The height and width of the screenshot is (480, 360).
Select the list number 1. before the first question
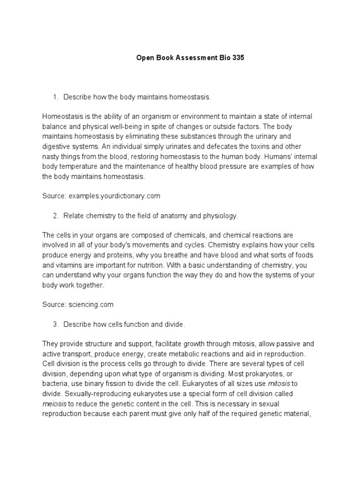tap(55, 97)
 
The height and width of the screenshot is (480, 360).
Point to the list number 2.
tap(55, 216)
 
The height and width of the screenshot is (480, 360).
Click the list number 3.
tap(55, 324)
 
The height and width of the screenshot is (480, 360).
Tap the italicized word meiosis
tap(54, 403)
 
